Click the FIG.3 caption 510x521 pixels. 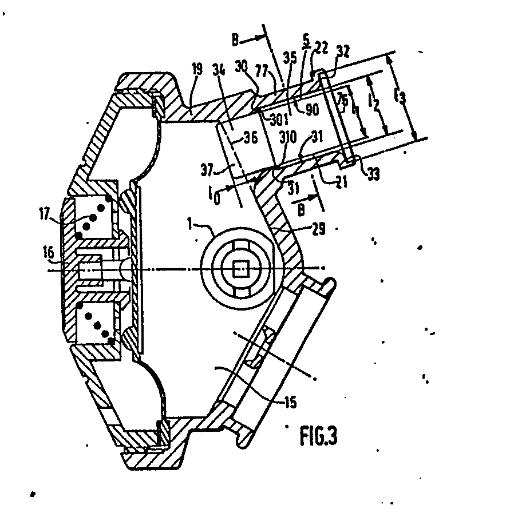318,437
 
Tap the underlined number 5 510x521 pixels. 306,39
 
